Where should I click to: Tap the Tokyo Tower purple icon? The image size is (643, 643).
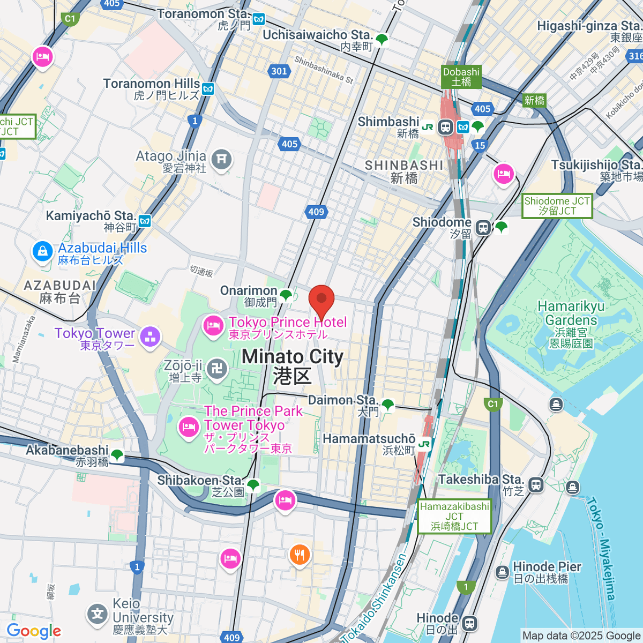pyautogui.click(x=150, y=337)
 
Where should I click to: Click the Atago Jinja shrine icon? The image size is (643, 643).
pyautogui.click(x=221, y=159)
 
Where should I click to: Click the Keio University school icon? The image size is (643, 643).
pyautogui.click(x=97, y=614)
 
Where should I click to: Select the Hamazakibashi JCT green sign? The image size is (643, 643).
pyautogui.click(x=454, y=517)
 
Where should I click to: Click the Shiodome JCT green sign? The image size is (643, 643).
pyautogui.click(x=557, y=206)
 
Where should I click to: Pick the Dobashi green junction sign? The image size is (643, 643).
pyautogui.click(x=461, y=77)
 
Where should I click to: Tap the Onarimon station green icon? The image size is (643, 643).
pyautogui.click(x=286, y=295)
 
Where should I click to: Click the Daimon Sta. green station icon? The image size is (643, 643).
pyautogui.click(x=387, y=405)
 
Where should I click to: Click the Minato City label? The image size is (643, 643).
pyautogui.click(x=293, y=365)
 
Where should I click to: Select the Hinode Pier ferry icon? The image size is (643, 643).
pyautogui.click(x=502, y=572)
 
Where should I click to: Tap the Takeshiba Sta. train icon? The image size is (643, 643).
pyautogui.click(x=536, y=485)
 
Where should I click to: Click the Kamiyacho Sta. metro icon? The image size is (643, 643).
pyautogui.click(x=144, y=221)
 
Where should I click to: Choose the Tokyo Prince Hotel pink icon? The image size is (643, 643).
pyautogui.click(x=213, y=325)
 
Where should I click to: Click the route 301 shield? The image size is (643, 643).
pyautogui.click(x=279, y=71)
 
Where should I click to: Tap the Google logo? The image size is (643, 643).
pyautogui.click(x=34, y=631)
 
